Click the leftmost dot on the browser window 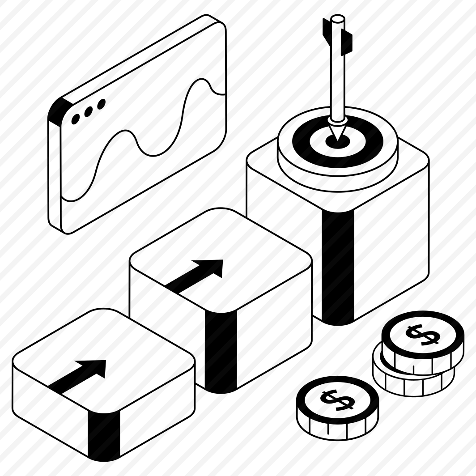(76, 119)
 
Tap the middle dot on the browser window (89, 111)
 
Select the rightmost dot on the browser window (101, 104)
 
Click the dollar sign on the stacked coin (423, 335)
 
